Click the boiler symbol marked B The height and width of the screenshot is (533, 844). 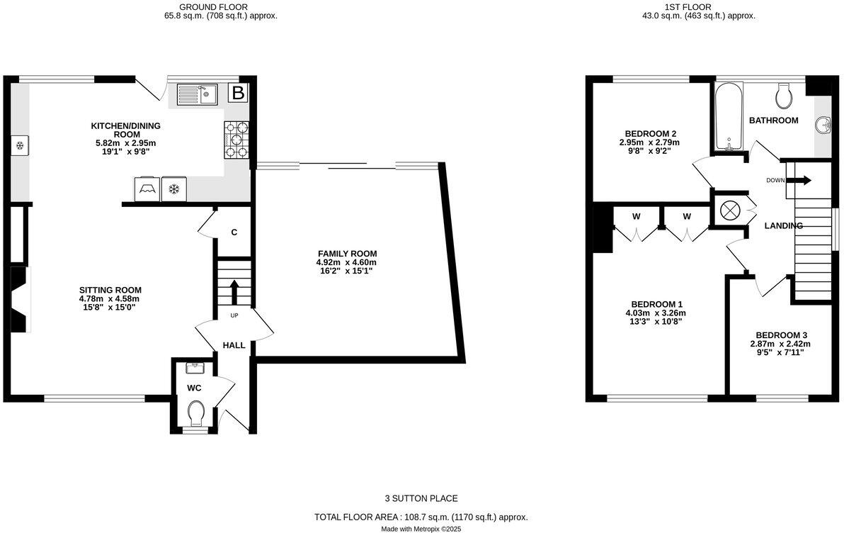239,93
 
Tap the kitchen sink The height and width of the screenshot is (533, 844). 196,94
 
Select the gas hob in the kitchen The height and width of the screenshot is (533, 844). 237,140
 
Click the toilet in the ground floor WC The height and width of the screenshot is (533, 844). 196,411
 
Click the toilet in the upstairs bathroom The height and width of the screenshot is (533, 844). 784,94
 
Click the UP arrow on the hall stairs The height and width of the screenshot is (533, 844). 234,291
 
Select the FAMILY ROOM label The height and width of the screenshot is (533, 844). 347,254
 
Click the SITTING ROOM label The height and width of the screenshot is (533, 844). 110,290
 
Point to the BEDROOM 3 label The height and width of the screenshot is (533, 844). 781,335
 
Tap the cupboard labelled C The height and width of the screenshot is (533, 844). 234,232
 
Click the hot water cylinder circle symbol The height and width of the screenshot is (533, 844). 729,211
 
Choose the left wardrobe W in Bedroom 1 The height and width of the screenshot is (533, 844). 636,216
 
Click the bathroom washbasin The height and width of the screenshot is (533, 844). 823,125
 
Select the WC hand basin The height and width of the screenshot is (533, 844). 195,367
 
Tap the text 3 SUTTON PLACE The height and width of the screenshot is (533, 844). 421,499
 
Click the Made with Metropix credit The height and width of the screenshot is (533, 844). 421,528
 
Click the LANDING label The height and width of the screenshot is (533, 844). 784,226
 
